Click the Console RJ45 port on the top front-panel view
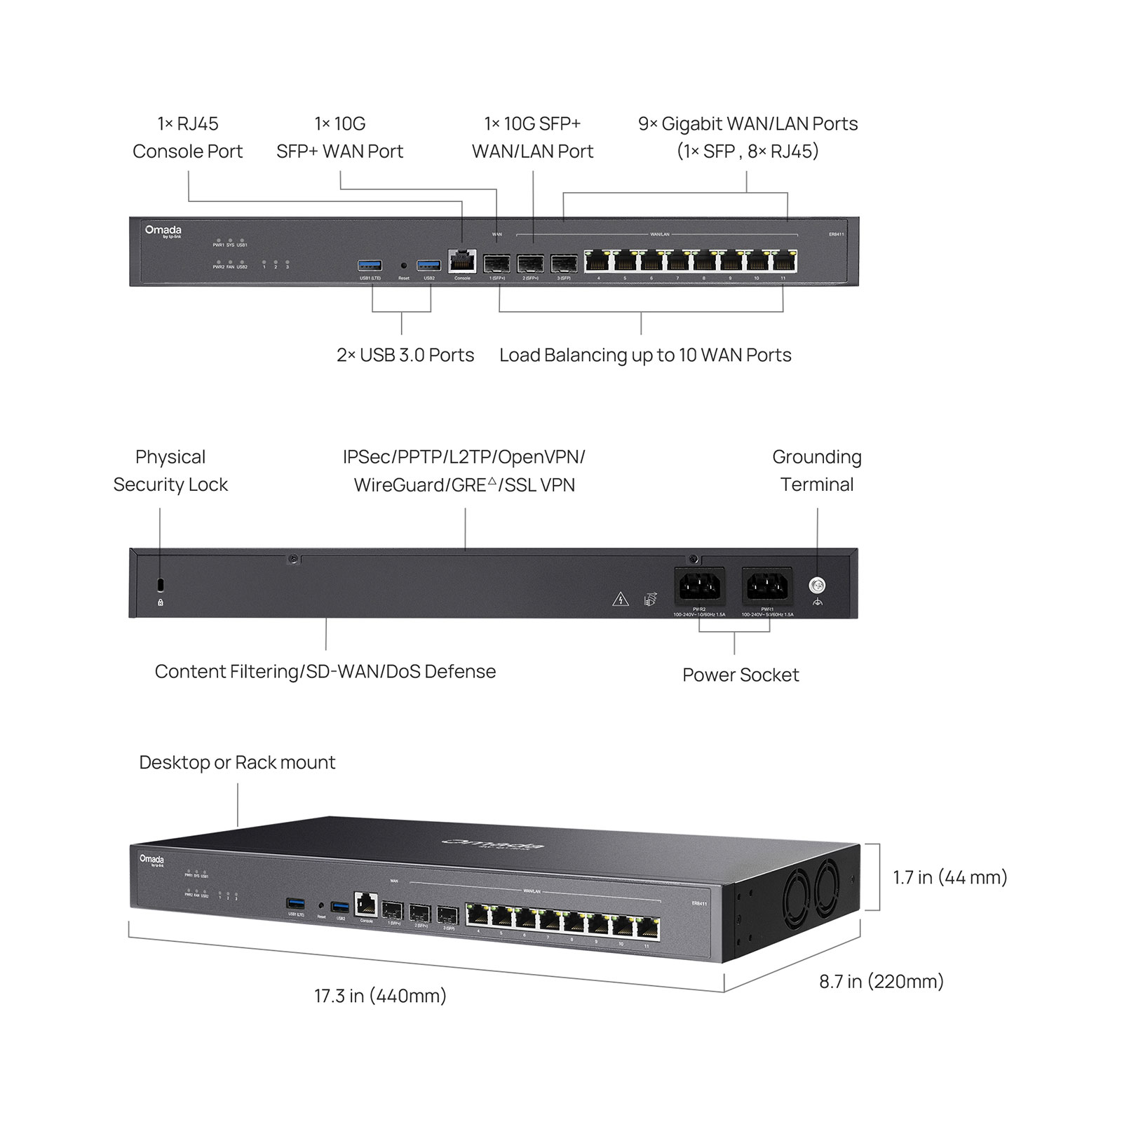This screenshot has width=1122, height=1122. [462, 262]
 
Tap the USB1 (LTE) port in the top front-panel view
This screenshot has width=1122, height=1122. [370, 265]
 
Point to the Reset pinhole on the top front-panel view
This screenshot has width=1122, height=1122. [403, 266]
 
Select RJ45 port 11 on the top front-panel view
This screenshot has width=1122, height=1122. [784, 262]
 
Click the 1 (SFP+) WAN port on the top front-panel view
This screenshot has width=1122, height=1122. [496, 264]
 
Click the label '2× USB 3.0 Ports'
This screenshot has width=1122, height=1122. [405, 355]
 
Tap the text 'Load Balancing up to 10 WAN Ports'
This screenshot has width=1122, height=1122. [645, 355]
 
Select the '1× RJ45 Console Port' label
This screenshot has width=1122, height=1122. [187, 137]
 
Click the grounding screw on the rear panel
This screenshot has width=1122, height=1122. [817, 585]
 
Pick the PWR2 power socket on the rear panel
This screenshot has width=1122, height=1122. [699, 586]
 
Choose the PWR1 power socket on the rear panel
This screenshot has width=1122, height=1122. [767, 586]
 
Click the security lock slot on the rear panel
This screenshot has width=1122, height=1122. [161, 585]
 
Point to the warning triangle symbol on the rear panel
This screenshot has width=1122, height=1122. [620, 599]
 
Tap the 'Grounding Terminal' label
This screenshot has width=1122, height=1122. [817, 471]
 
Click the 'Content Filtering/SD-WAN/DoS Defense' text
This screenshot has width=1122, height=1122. [325, 671]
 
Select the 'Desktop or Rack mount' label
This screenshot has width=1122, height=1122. [237, 762]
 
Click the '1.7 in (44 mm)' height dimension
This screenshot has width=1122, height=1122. [949, 877]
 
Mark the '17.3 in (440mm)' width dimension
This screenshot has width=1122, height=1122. [380, 996]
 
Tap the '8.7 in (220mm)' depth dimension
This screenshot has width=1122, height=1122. [881, 981]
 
